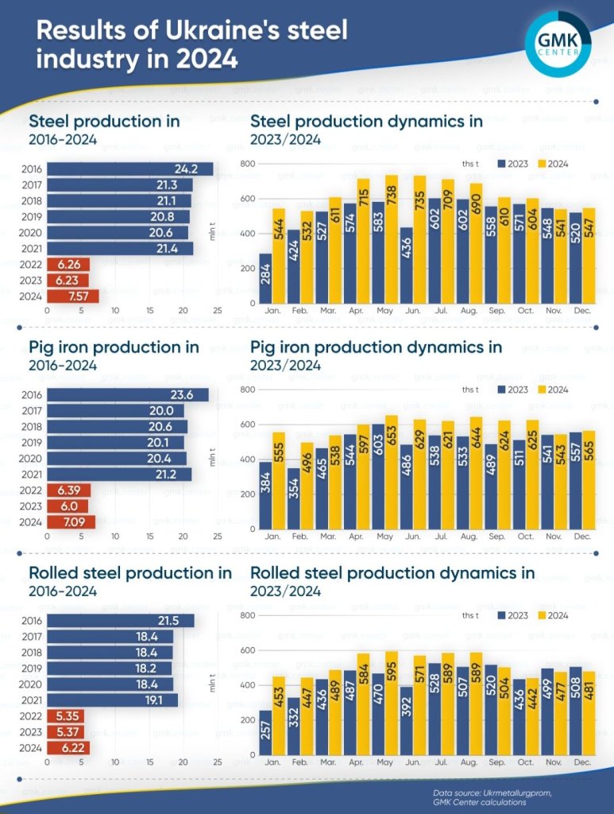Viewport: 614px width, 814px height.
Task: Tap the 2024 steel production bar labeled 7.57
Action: point(72,296)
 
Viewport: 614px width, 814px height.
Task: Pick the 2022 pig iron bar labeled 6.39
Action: point(68,490)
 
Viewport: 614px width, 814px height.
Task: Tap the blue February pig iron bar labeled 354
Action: point(293,498)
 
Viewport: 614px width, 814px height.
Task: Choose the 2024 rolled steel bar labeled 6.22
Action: point(68,747)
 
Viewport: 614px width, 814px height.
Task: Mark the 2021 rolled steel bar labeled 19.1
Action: point(112,700)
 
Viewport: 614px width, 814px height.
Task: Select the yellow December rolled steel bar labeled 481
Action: point(589,712)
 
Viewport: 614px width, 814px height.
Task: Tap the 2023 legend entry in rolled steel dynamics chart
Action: point(512,615)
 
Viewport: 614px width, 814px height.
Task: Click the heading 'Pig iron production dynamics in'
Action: point(376,347)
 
